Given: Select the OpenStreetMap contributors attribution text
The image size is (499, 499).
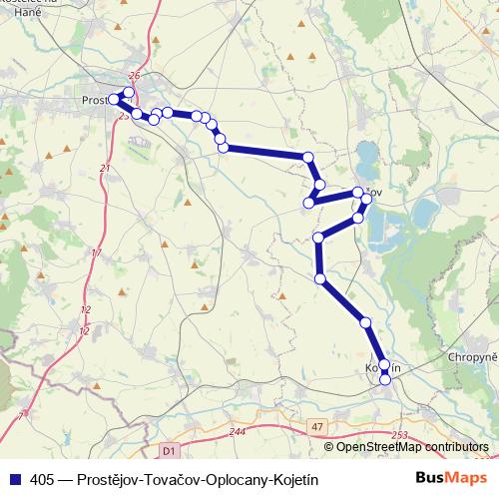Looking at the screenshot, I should click(413, 447).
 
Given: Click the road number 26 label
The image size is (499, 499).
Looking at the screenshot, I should click(136, 76).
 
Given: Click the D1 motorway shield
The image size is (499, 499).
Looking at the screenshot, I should click(168, 451).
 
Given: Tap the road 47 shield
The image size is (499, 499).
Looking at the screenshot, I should click(318, 426).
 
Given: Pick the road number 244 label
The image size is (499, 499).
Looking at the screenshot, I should click(237, 431).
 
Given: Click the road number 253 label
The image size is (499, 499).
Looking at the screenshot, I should click(400, 435).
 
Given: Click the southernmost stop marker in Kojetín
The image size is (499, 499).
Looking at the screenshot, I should click(385, 380).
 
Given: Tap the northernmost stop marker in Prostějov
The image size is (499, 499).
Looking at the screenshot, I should click(128, 92).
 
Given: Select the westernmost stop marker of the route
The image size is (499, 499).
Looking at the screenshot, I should click(112, 99).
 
